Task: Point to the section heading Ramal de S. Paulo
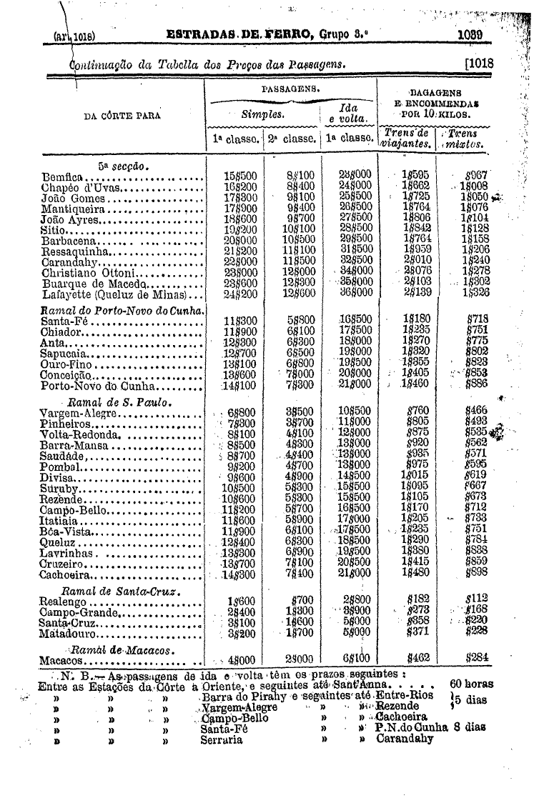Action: tap(117, 401)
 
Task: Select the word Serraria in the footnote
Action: tap(221, 739)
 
